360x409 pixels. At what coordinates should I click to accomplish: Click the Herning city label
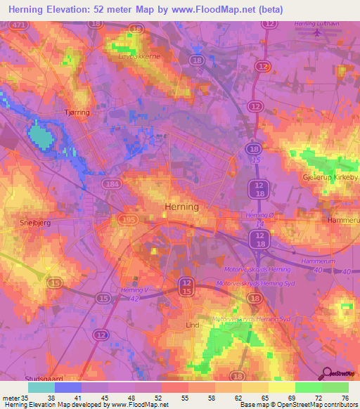(x=181, y=207)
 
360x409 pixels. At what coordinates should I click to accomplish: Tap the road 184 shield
(x=110, y=184)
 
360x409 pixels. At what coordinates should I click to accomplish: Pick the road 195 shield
(x=129, y=221)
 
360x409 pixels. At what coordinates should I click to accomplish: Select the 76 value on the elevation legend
(x=345, y=398)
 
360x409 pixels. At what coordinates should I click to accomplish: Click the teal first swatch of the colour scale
(x=41, y=387)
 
